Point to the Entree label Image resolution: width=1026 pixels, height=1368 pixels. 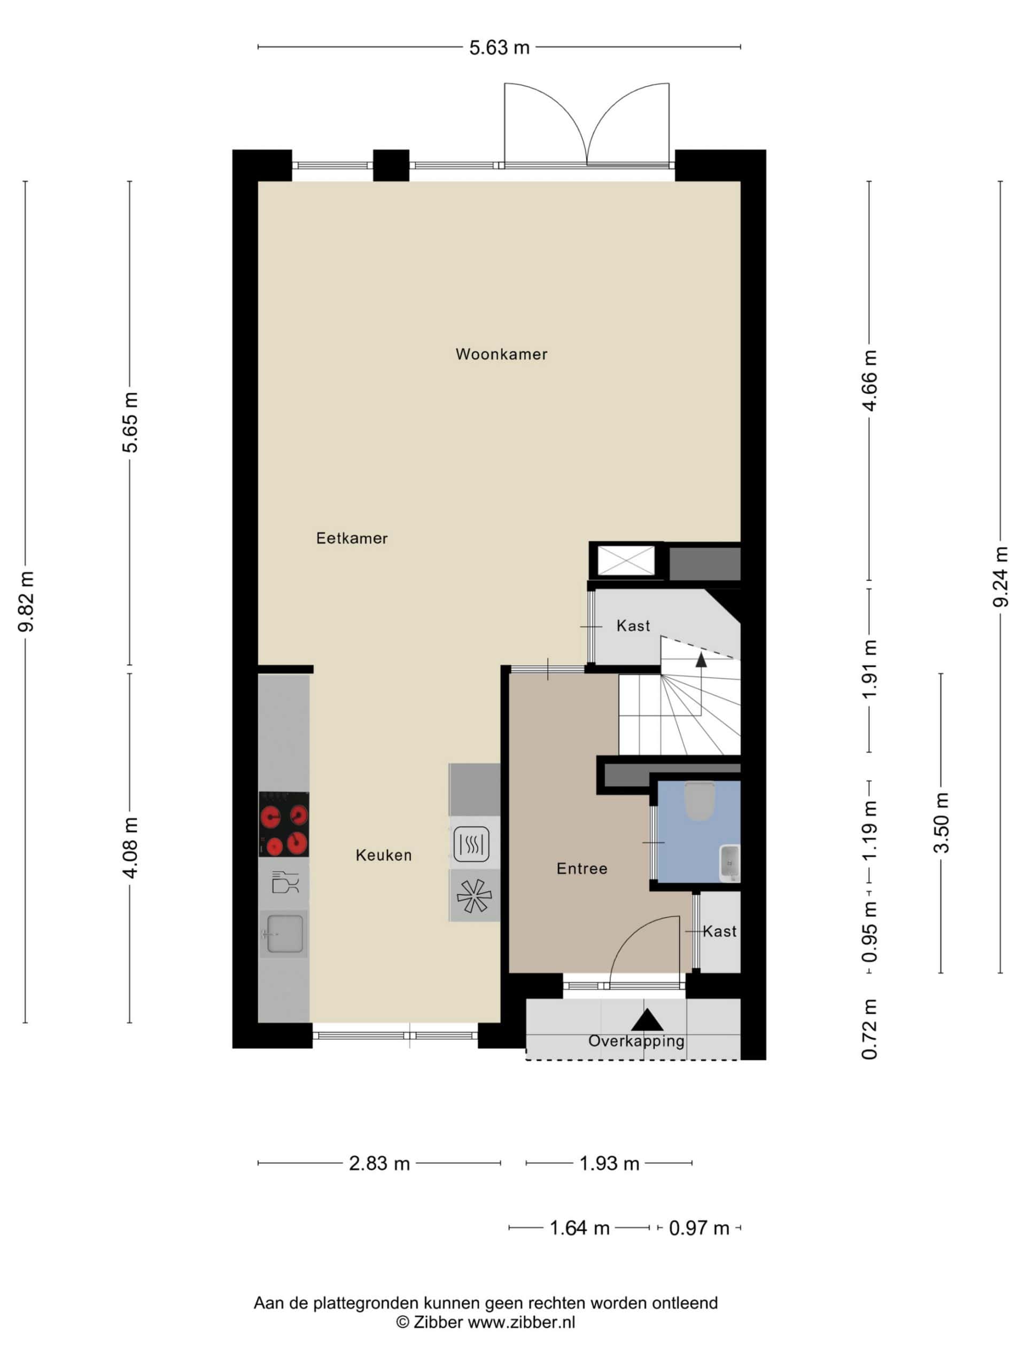tap(581, 868)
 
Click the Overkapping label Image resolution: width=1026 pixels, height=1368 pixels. tap(636, 1041)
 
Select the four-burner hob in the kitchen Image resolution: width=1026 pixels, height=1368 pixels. tap(284, 825)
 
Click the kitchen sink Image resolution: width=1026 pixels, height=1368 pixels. tap(284, 934)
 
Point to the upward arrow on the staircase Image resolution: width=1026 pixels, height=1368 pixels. tap(701, 659)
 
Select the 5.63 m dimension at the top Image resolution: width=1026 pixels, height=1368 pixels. tap(499, 48)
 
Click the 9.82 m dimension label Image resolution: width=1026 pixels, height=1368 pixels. tap(27, 601)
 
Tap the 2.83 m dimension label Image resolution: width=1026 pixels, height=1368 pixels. tap(379, 1163)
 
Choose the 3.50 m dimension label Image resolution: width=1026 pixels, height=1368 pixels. tap(941, 822)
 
